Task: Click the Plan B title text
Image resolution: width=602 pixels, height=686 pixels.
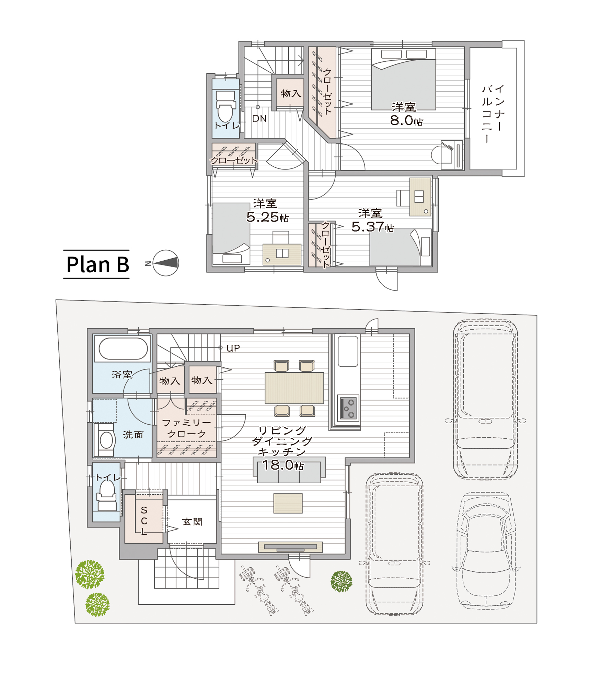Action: [97, 264]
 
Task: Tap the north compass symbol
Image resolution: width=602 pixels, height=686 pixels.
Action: [165, 263]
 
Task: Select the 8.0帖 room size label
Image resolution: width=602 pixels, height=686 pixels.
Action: [406, 120]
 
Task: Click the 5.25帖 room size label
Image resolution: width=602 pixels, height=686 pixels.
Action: [268, 217]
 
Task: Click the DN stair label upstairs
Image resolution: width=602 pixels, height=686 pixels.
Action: [259, 119]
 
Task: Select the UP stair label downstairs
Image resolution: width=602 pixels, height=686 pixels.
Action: [233, 348]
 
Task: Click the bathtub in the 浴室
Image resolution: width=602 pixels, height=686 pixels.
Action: [123, 348]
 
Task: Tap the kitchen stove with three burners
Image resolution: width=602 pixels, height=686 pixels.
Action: [348, 407]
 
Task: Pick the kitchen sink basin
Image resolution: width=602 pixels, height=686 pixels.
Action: [348, 351]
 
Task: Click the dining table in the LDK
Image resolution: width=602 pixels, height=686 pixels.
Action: [294, 388]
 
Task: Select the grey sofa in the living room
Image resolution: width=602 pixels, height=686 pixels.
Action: [289, 470]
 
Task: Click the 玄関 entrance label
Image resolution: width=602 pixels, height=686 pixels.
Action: [192, 522]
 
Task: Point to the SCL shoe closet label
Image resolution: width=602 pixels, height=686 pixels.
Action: [144, 521]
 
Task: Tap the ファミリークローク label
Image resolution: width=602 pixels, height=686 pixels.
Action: [186, 428]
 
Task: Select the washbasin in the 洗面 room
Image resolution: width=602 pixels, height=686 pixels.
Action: [106, 440]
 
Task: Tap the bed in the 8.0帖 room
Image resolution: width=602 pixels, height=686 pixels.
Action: [404, 79]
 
